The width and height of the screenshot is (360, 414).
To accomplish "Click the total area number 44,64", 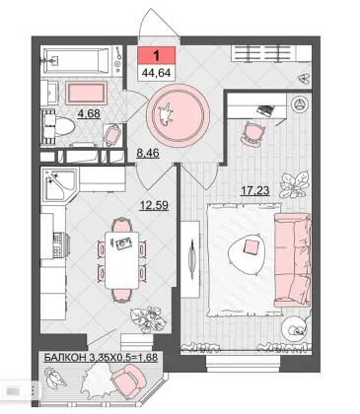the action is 156,72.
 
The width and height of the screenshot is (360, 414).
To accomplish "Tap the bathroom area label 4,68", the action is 89,113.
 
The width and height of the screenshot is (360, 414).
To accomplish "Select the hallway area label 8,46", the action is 148,153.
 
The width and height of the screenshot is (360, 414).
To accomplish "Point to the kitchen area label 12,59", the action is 154,206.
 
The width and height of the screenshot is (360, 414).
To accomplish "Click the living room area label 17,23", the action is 255,190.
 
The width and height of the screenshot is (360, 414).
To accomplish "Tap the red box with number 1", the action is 156,55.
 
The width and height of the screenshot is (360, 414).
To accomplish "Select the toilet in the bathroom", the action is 59,126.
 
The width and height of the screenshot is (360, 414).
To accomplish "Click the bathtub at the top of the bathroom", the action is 76,60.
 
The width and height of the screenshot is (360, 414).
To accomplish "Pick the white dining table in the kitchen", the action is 122,260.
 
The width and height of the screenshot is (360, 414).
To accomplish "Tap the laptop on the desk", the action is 265,110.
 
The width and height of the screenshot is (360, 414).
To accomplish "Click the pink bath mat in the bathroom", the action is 87,93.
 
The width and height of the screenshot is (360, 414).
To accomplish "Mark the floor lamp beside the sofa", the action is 294,328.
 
